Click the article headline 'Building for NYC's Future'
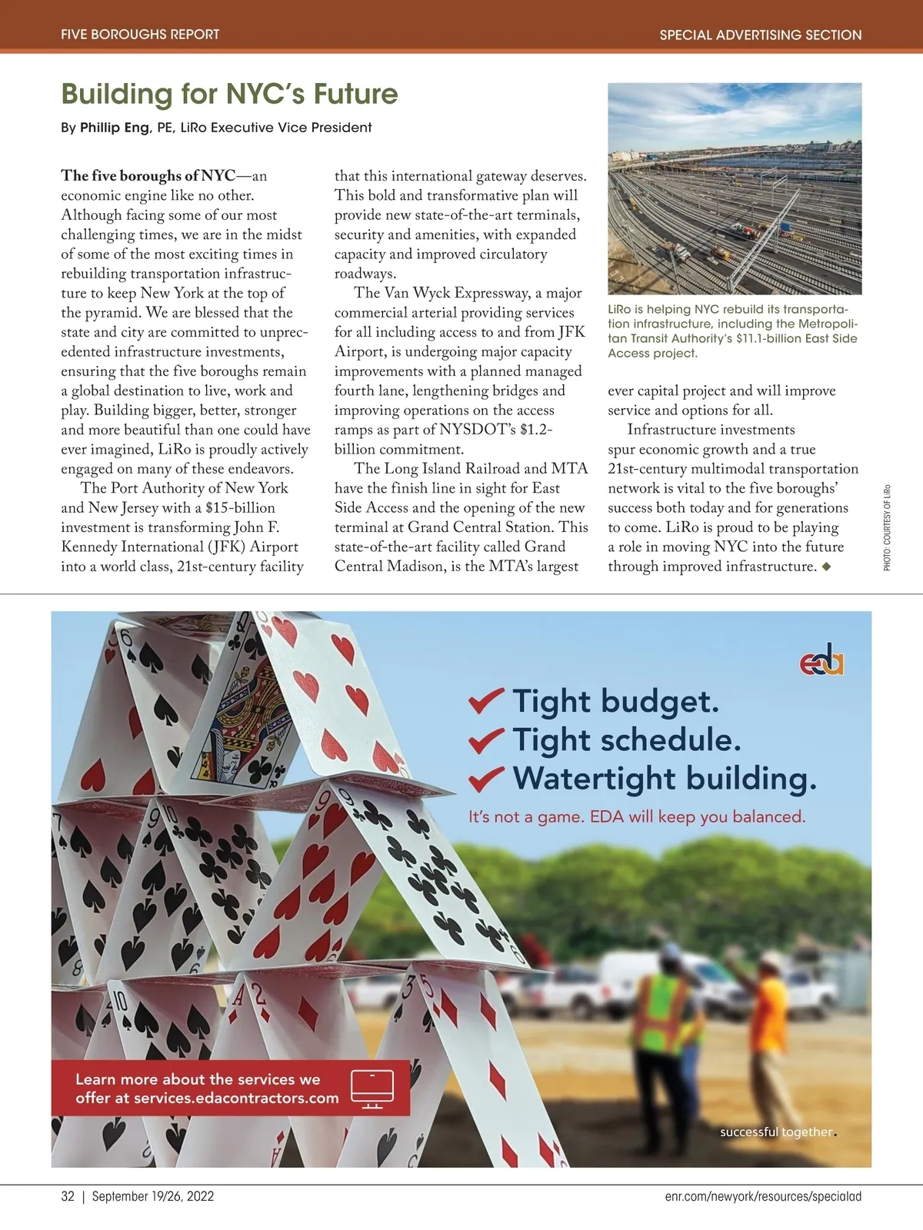pos(229,95)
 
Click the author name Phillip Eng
pos(114,128)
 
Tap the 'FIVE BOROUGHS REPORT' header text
pos(140,35)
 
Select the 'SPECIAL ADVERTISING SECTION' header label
pos(760,35)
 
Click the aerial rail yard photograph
pos(735,188)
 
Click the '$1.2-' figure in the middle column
pos(536,430)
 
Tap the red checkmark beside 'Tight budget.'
pos(486,700)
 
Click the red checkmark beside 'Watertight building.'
pos(486,778)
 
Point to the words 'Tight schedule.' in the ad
pos(626,740)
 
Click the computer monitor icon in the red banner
pos(372,1089)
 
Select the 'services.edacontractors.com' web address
pos(236,1099)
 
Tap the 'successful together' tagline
pos(776,1132)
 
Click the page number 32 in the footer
pos(68,1197)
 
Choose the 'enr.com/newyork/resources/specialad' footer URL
pos(763,1197)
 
